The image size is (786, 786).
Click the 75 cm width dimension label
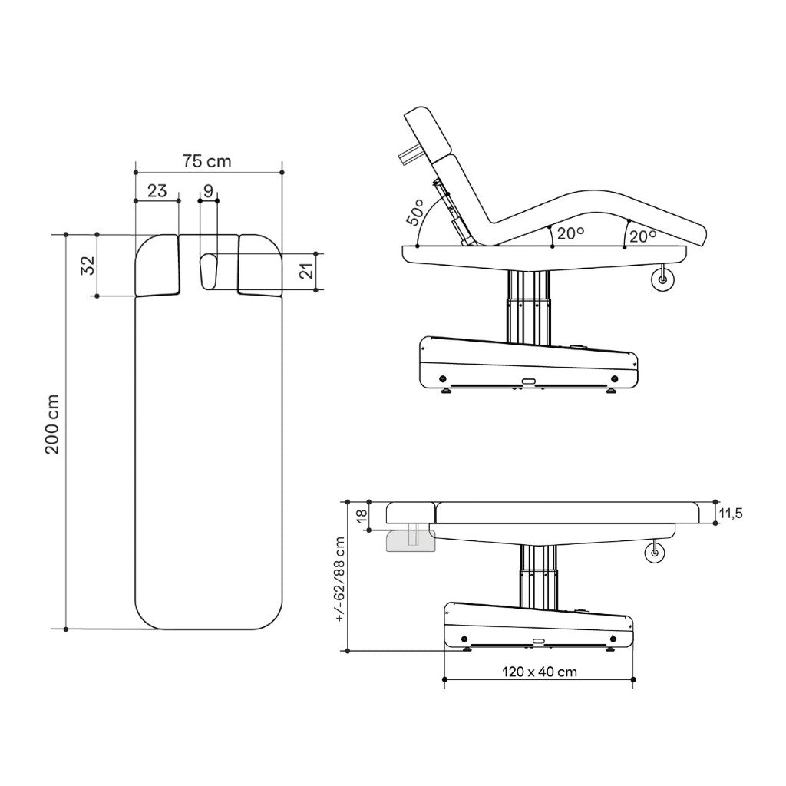click(207, 161)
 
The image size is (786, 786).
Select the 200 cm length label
click(53, 431)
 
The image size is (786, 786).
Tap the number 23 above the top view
click(157, 191)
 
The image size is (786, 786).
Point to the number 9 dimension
click(208, 191)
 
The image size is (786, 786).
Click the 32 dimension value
click(88, 266)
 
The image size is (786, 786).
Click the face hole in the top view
click(208, 270)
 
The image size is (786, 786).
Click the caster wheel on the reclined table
click(660, 279)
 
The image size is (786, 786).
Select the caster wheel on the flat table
click(654, 550)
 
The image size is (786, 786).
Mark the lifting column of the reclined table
click(528, 304)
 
